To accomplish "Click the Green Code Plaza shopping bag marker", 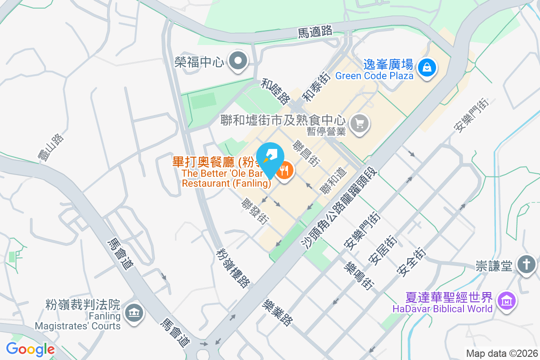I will [426, 68].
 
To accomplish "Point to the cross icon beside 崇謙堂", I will [526, 263].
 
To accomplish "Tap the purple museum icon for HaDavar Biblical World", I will [507, 300].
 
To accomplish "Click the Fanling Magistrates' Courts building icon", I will [133, 312].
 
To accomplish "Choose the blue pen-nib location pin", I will [270, 157].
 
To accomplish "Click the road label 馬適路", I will [315, 31].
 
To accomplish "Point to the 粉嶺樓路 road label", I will [233, 269].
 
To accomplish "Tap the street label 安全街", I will [411, 261].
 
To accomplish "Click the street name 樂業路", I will [278, 313].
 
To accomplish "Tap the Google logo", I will [31, 349].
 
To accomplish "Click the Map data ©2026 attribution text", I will [501, 354].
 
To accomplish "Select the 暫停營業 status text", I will [326, 132].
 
